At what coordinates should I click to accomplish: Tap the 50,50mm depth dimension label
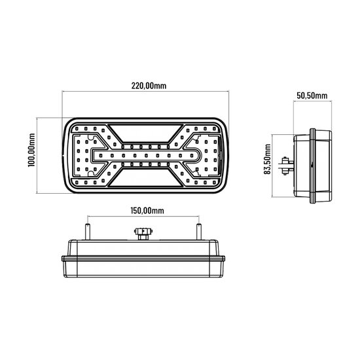click(311, 96)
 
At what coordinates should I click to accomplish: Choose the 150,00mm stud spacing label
click(141, 210)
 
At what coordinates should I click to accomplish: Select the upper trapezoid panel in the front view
click(148, 132)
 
